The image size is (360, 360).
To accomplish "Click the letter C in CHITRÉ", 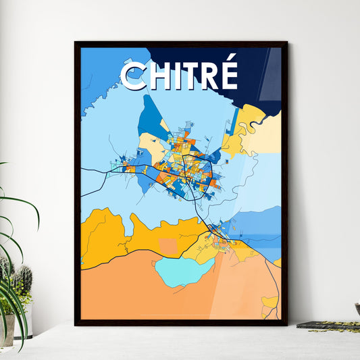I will click(x=134, y=76).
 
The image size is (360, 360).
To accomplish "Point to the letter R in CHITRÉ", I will click(x=207, y=76).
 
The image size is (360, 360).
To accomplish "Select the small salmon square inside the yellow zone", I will click(x=169, y=247).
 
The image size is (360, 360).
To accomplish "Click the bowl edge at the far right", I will click(x=357, y=308).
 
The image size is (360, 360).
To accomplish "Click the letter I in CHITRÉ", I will click(x=177, y=76).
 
